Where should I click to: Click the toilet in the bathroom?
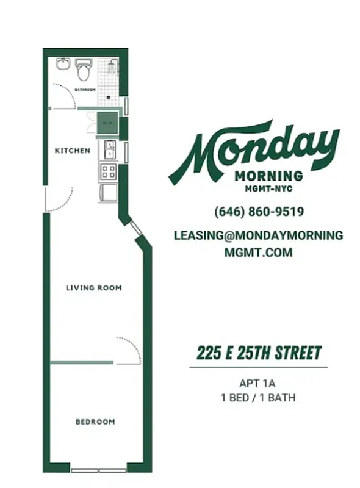click(x=83, y=71)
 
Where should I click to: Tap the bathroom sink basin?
click(x=64, y=64)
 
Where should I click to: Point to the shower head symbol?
click(x=112, y=63)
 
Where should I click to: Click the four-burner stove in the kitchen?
click(x=108, y=171)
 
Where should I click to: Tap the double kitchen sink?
click(x=109, y=148)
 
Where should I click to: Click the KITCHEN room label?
click(x=73, y=151)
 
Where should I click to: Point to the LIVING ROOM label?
click(x=94, y=288)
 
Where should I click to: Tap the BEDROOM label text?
click(x=95, y=422)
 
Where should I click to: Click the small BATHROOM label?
click(x=85, y=90)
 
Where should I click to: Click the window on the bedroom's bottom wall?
click(x=98, y=470)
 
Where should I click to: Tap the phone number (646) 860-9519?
click(x=259, y=212)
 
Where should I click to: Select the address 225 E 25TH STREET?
click(x=259, y=353)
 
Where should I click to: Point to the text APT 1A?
click(x=258, y=384)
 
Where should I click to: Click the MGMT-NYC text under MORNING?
click(x=268, y=189)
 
